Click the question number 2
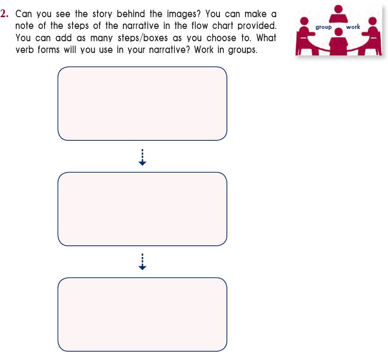(4, 14)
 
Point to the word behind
(131, 14)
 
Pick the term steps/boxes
(143, 38)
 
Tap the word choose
(221, 38)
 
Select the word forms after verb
(48, 50)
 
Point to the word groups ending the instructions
(242, 50)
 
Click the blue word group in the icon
(323, 27)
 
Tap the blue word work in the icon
(353, 26)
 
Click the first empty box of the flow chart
(142, 103)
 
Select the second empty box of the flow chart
(142, 209)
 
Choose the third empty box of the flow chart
(142, 314)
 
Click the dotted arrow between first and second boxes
(142, 157)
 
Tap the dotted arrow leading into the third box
(142, 261)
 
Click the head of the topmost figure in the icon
(338, 9)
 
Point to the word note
(24, 26)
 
